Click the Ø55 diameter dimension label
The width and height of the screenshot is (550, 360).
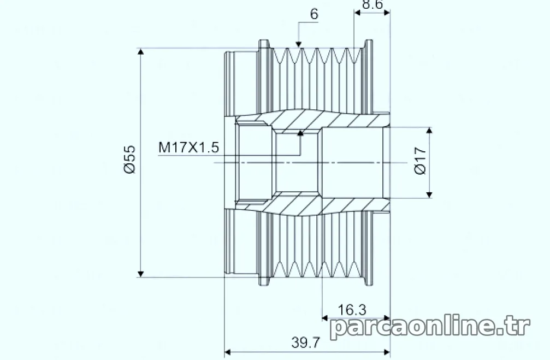point(129,159)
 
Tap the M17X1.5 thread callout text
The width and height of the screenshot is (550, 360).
point(189,147)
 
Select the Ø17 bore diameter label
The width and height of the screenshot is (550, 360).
point(420,161)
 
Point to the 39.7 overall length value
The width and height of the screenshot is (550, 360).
point(306,343)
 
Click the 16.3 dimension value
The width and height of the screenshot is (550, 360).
point(352,310)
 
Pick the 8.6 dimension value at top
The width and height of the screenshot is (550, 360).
point(372,4)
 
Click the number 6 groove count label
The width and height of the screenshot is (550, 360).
point(314,14)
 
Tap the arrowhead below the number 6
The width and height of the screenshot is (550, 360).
point(299,44)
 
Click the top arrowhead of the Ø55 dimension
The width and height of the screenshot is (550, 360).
point(141,51)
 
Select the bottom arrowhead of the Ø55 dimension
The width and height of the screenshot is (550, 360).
point(141,274)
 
